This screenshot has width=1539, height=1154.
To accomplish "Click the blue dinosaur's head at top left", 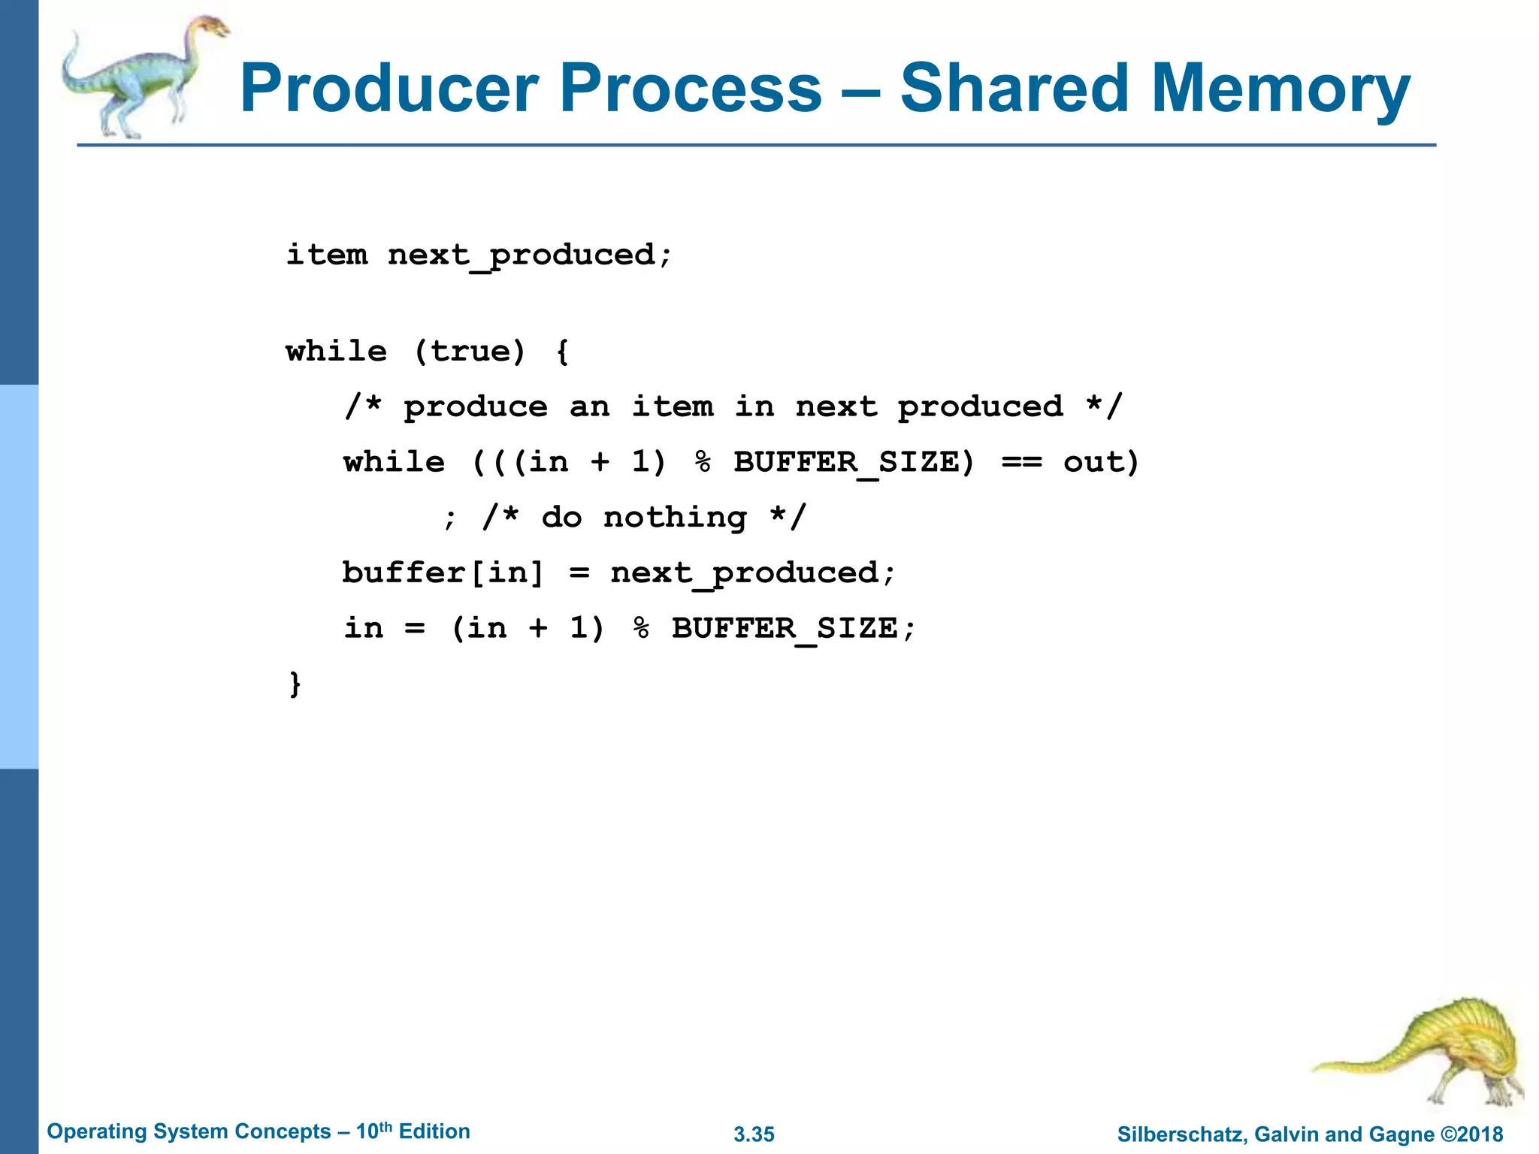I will click(210, 29).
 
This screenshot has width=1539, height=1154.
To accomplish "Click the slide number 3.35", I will click(754, 1134).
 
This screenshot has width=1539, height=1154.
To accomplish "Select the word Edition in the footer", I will click(434, 1131).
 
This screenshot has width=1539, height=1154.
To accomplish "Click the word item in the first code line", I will click(327, 255).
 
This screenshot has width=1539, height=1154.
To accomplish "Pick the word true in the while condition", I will click(469, 351).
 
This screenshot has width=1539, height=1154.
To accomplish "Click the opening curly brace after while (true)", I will click(563, 352).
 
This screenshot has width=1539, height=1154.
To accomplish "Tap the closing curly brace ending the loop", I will click(295, 684).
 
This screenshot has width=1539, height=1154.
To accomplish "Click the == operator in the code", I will click(1021, 462).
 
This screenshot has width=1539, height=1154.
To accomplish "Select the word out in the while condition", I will click(1093, 462).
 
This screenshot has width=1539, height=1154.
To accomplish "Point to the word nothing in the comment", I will click(675, 518).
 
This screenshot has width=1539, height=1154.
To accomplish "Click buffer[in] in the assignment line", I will click(443, 573).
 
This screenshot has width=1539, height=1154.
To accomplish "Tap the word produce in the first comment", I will click(476, 407).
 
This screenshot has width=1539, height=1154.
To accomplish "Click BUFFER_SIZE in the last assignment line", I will click(785, 629).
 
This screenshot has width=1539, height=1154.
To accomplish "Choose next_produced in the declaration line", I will click(521, 256).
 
